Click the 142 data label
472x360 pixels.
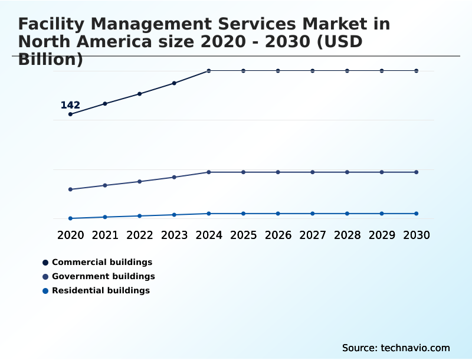70,105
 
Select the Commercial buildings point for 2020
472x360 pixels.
70,114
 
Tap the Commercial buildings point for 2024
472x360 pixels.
209,71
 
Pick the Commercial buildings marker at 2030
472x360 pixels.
417,71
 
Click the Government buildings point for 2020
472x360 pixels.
70,189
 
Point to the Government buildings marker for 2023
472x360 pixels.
174,177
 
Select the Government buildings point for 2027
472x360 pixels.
313,172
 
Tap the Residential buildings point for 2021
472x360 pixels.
105,217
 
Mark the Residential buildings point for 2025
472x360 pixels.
243,214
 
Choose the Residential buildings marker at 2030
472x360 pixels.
417,214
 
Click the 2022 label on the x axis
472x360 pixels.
140,235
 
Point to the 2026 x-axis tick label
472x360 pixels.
278,235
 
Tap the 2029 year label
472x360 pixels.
382,235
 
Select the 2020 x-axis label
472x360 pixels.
70,235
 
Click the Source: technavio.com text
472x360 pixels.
396,348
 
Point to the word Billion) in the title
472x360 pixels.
51,60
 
